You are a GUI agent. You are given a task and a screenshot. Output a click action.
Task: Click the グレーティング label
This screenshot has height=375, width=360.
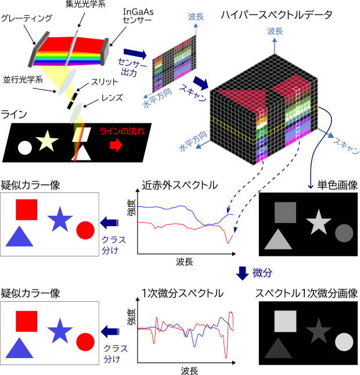pos(27,18)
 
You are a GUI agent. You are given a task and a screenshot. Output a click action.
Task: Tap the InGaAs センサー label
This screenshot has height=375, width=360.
pos(138,16)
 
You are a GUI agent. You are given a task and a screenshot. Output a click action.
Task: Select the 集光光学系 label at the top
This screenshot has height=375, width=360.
pos(85,4)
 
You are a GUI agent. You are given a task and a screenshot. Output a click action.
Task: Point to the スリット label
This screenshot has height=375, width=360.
pos(105,82)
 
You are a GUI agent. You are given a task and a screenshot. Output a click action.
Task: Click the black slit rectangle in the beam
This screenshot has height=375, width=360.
pos(73,101)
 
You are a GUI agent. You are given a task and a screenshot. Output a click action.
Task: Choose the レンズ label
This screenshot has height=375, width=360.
pos(112,98)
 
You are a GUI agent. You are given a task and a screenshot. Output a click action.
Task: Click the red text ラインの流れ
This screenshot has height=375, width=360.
pos(122,131)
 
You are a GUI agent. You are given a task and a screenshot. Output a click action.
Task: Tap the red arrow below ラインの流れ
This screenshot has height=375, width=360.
pos(116,145)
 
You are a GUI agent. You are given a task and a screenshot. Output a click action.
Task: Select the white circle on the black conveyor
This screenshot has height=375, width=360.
pos(25,148)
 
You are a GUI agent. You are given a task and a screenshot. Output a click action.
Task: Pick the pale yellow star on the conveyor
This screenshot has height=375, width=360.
pos(47,141)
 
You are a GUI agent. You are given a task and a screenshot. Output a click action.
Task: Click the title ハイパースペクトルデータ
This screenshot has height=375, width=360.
pos(276,15)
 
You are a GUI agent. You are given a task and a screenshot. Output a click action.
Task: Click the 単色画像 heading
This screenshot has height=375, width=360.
pos(337,185)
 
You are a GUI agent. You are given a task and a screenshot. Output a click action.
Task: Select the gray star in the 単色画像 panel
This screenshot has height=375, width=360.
pos(319,223)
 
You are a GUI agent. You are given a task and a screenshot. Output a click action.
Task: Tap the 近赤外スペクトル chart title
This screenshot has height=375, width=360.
pos(179,185)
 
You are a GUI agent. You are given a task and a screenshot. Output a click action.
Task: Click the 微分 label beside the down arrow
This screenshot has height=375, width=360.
pos(262,273)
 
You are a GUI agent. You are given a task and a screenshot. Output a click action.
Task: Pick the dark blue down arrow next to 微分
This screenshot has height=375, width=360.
pos(243,273)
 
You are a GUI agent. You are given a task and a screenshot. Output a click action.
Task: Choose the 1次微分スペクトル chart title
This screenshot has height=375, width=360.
pos(182,294)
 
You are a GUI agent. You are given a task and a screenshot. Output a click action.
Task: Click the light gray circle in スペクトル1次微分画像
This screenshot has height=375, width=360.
pos(344,342)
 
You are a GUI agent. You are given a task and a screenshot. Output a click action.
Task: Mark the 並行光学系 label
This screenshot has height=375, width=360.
pos(23,80)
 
